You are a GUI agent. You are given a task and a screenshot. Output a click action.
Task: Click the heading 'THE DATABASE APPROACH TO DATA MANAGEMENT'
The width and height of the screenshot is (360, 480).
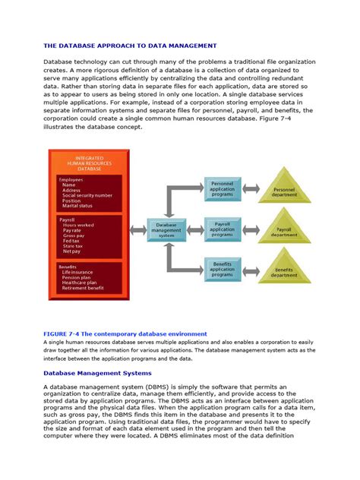pyautogui.click(x=130, y=46)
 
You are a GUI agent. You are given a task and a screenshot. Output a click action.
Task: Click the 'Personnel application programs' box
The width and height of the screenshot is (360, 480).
pyautogui.click(x=222, y=189)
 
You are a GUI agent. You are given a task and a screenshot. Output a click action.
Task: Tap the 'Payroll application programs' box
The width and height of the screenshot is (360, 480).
pyautogui.click(x=222, y=229)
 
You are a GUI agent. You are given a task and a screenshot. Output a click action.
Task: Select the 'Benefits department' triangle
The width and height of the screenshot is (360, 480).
pyautogui.click(x=284, y=271)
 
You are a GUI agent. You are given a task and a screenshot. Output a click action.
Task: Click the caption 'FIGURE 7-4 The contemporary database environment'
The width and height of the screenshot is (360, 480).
pyautogui.click(x=124, y=333)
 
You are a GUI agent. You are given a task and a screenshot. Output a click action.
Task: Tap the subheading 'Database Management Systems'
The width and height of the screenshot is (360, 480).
pyautogui.click(x=97, y=373)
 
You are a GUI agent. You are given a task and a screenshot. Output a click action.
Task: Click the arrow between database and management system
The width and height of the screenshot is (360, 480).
pyautogui.click(x=135, y=229)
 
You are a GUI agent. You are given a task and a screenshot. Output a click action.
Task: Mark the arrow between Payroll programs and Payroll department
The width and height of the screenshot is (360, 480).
pyautogui.click(x=251, y=229)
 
